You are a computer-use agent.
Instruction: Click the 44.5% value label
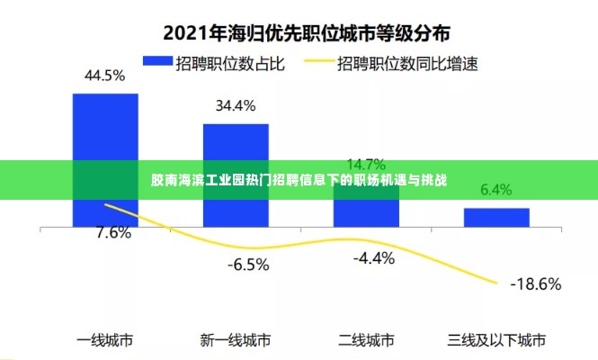click(x=104, y=76)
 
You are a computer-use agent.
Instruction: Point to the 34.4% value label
click(x=235, y=105)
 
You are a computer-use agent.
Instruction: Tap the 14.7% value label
click(x=366, y=164)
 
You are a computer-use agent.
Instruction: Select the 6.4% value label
click(x=496, y=190)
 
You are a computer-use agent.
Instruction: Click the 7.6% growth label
click(x=113, y=233)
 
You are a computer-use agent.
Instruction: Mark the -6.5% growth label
click(x=247, y=265)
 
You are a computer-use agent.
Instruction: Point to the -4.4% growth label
click(x=374, y=258)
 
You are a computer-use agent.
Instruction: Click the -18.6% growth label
click(x=536, y=284)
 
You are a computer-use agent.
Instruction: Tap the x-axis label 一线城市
click(x=105, y=340)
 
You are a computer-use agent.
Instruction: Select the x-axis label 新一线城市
click(x=236, y=340)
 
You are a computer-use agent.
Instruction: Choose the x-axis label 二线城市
click(x=366, y=340)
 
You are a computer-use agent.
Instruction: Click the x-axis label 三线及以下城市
click(x=496, y=340)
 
